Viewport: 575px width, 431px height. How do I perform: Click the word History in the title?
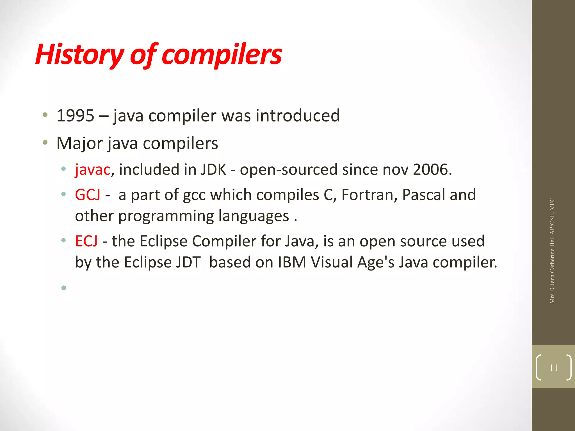(x=79, y=55)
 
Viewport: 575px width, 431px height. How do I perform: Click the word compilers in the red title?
(x=222, y=55)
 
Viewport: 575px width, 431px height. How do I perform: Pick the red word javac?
(x=93, y=170)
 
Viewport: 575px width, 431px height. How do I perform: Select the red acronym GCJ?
(x=88, y=195)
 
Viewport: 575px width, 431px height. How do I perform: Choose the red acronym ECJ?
(x=86, y=241)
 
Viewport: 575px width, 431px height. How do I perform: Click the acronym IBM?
(x=292, y=262)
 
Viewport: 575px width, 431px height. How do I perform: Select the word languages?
(x=254, y=216)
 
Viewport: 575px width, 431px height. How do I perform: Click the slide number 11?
(x=553, y=368)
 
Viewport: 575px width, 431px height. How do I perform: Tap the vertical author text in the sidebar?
(x=552, y=251)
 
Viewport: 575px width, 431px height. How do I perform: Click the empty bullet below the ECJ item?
(x=64, y=288)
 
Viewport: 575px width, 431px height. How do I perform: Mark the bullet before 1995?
(x=45, y=115)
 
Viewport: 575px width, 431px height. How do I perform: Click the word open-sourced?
(x=289, y=170)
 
